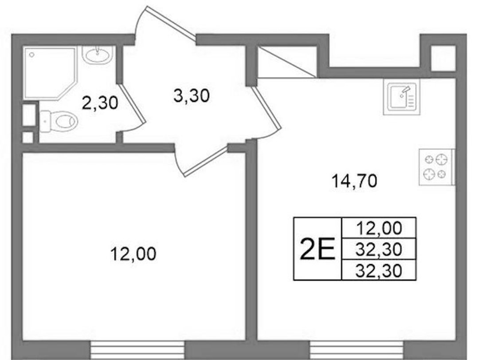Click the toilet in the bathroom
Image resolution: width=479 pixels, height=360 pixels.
59,121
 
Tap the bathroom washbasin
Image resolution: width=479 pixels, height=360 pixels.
98,55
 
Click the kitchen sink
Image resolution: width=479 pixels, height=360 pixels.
401,97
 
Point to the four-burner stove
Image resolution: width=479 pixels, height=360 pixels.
436,167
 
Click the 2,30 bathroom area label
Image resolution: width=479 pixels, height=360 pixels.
100,103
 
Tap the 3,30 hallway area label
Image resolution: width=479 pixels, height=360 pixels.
192,95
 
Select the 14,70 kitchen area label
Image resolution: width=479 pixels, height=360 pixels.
354,181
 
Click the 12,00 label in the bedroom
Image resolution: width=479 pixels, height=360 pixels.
133,254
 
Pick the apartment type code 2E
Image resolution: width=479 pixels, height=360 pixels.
318,249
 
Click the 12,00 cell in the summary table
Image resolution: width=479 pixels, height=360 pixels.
379,228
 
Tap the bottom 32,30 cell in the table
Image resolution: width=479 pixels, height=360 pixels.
379,270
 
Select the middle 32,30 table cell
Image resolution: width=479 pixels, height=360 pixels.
379,249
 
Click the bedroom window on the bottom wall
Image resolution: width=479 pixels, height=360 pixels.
137,350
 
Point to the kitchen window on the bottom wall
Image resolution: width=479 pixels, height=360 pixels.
357,350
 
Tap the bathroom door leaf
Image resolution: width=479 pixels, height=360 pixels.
132,103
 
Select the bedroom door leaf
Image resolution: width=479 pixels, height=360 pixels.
206,161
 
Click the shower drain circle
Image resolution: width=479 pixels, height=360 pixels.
31,55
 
